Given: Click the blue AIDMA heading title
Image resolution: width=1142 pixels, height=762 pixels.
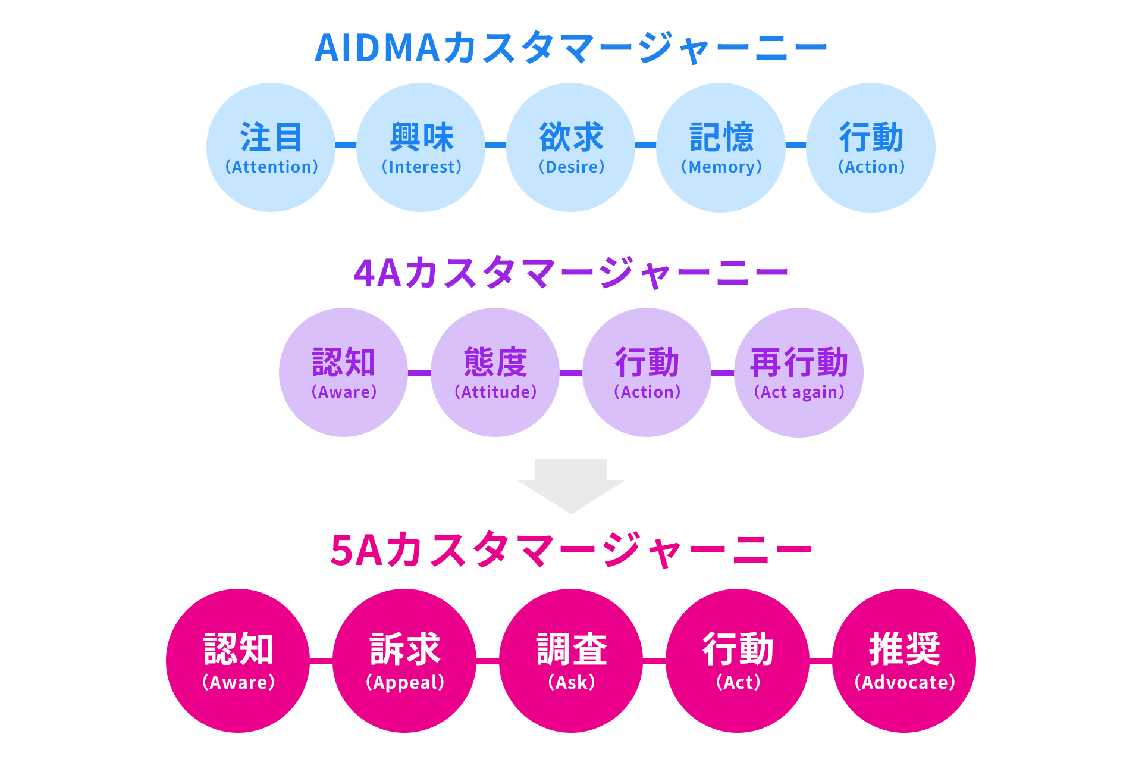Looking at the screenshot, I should pos(570,48).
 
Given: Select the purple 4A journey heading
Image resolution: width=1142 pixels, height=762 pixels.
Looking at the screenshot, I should pos(570,273).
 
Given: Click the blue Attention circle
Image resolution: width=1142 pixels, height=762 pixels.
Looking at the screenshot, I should pos(271,148).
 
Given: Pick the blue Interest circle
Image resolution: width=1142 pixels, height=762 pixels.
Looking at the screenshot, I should pos(421,148).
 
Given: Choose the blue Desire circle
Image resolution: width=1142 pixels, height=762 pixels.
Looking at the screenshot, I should pos(571,148).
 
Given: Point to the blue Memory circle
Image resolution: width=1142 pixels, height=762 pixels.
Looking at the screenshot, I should pos(721,148).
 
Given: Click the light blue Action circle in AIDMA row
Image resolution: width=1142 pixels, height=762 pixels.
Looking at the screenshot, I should pos(871,148).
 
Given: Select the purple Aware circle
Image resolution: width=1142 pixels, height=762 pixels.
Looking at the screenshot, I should pos(344,373).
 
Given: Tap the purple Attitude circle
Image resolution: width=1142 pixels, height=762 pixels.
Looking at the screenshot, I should pos(495,373).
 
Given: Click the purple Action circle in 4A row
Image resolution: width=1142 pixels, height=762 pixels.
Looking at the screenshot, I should pos(647,373).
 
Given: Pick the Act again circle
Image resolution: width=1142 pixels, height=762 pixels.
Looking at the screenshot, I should pos(799,373).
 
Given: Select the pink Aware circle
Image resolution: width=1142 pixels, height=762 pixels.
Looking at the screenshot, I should pos(238,661).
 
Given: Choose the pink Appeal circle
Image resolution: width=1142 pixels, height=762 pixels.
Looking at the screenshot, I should pos(404,661).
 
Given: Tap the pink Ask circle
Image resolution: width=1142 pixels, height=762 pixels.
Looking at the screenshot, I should pos(571,661).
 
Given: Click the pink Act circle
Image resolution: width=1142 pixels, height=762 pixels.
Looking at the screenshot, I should pos(738,661).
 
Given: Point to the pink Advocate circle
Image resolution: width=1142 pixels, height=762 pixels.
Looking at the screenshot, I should pos(904,661).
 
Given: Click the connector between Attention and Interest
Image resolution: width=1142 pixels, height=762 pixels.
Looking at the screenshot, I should pos(346,145).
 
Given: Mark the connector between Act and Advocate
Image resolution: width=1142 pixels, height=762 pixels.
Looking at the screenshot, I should pos(821,660).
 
